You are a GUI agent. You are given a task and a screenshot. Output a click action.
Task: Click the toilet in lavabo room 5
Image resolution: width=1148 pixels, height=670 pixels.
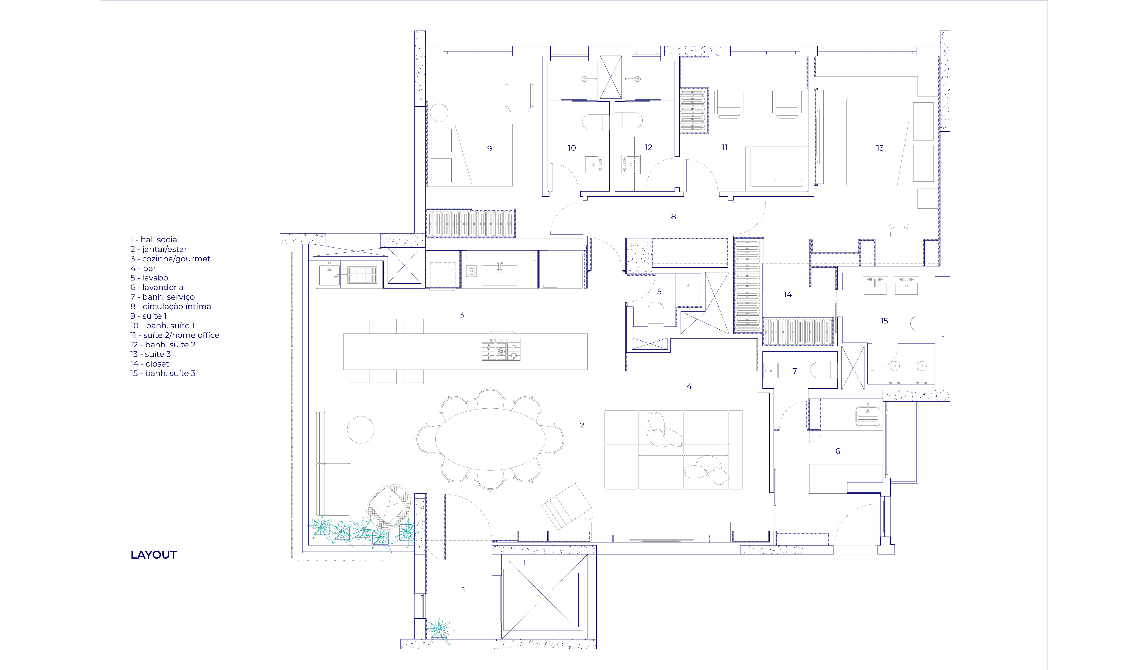point(656,314)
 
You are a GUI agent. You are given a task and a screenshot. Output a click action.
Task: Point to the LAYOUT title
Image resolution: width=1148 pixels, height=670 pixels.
point(154,555)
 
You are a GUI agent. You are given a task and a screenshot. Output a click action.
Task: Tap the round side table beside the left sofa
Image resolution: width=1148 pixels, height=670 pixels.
point(361,429)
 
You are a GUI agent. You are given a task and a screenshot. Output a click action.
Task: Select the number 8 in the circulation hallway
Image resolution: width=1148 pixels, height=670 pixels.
point(673,217)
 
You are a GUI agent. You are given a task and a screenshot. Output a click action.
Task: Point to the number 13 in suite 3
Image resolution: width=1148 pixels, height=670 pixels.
point(880,148)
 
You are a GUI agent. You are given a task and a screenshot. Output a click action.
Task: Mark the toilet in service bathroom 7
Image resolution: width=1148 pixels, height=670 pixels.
point(824,370)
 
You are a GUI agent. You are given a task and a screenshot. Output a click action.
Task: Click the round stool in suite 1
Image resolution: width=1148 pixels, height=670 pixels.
point(439,113)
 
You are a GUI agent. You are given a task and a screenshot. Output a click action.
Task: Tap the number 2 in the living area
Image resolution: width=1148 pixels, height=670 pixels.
point(582,426)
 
